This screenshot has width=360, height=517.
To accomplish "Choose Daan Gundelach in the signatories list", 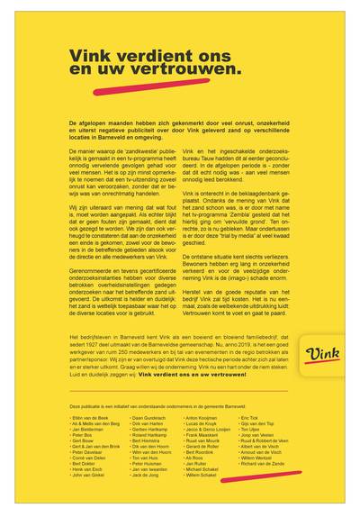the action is [x=148, y=419].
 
